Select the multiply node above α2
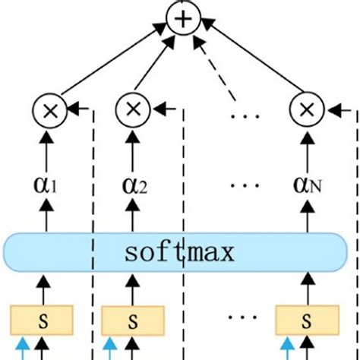[134, 112]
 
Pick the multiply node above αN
[306, 112]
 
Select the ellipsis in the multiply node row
[246, 115]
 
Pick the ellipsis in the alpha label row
[246, 185]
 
